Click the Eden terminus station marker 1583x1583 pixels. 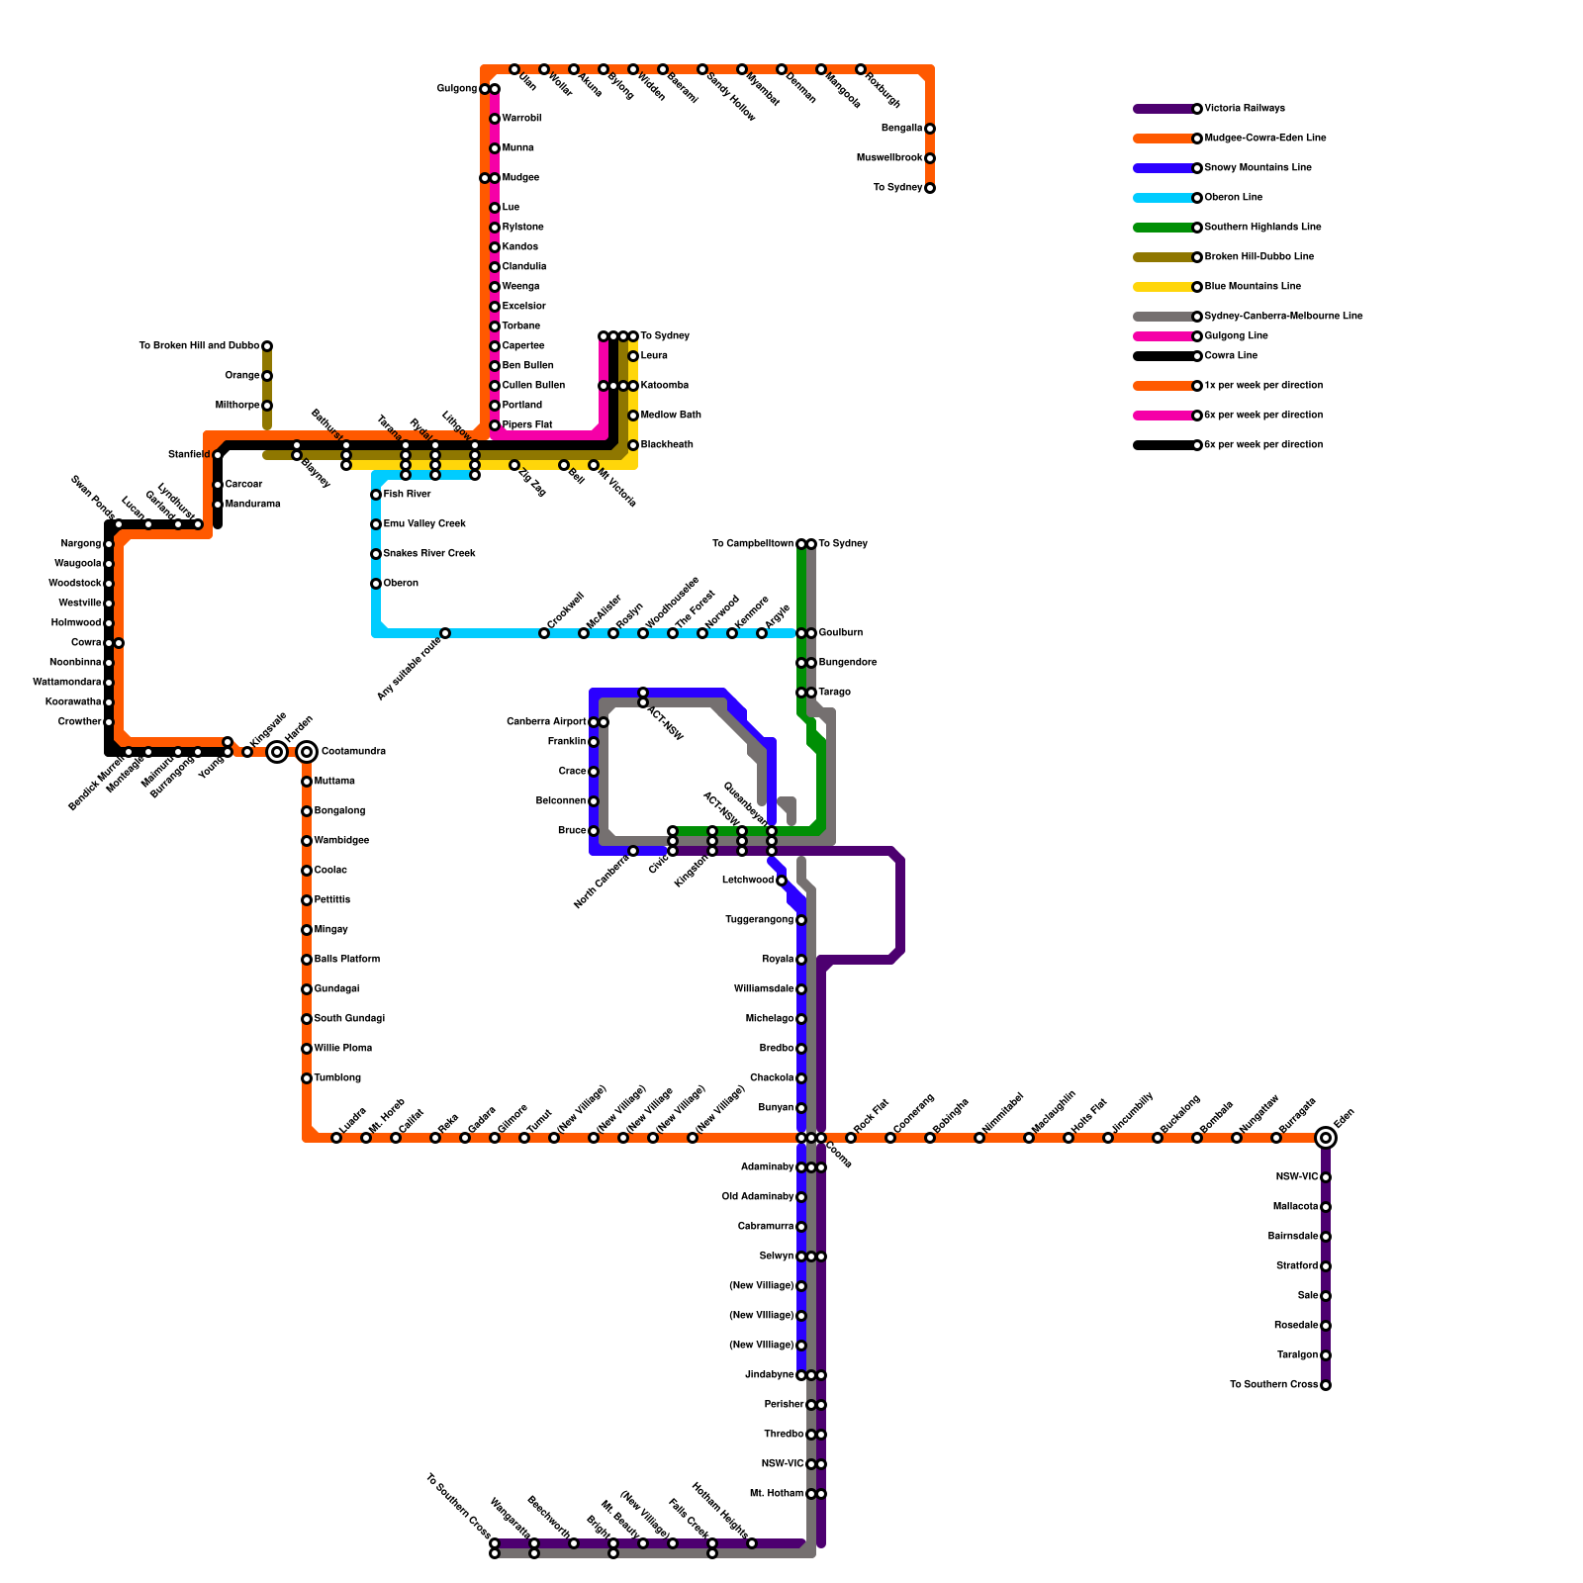1326,1138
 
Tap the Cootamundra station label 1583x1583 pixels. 353,752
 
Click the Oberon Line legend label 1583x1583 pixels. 1233,198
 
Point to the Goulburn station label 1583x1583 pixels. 840,633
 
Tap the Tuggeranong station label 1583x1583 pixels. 759,920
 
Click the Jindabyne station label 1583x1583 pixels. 769,1375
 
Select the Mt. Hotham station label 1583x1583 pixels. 777,1494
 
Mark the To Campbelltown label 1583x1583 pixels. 752,544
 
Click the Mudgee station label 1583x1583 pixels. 520,178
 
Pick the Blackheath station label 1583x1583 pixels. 666,445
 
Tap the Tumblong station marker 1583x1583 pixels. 307,1078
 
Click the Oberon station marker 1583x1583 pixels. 376,584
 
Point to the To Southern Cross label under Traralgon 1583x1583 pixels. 1273,1385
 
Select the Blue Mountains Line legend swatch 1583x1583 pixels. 1164,287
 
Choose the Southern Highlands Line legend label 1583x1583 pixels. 1262,228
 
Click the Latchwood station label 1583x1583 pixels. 747,881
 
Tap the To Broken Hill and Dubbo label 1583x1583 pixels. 199,346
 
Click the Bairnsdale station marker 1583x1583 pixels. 1326,1237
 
